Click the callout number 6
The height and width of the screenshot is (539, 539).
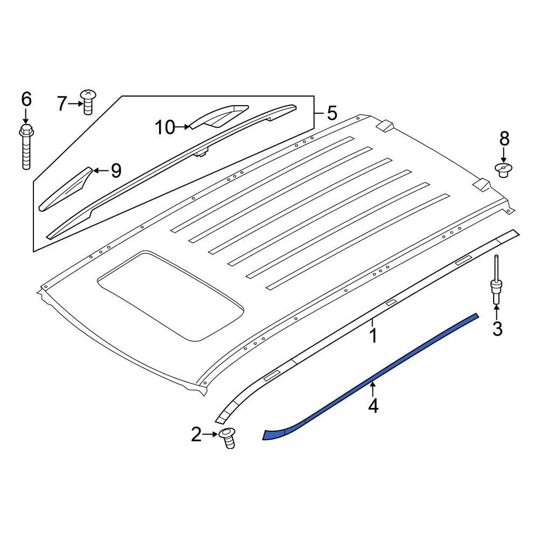26,100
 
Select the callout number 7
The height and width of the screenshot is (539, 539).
63,103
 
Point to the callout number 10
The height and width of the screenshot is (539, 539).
165,128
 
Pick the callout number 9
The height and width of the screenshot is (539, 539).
116,171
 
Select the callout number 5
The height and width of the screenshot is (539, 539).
331,113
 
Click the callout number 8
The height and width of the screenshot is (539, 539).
504,139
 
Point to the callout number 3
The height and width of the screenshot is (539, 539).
497,328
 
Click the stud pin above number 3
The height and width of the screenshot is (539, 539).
495,280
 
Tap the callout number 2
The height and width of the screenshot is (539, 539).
196,434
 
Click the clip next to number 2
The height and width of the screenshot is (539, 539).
229,437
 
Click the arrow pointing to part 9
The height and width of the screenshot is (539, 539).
99,171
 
